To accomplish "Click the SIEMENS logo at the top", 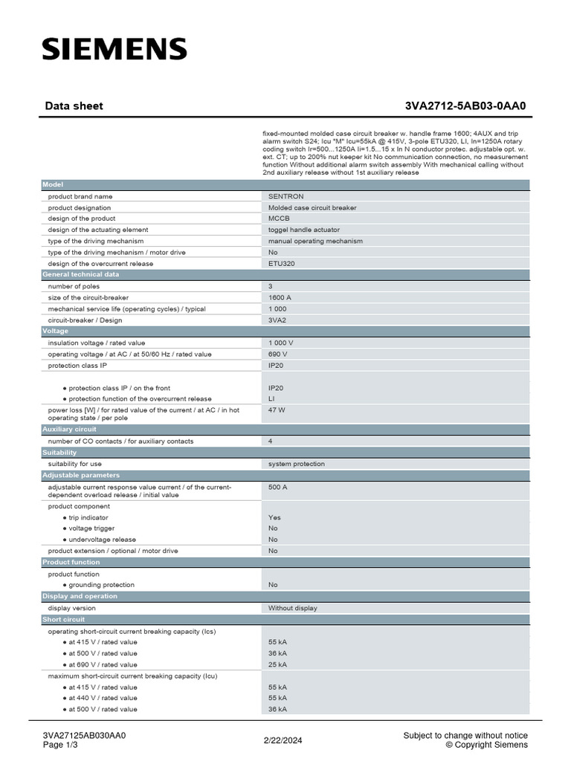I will pos(114,50).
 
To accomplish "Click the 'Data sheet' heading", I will pos(74,106).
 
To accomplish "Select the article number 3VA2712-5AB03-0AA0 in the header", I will pos(465,106).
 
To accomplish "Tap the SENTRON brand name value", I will pos(286,196).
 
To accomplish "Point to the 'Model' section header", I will pos(53,184).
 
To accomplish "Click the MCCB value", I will pos(280,218).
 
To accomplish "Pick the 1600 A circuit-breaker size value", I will pos(280,297).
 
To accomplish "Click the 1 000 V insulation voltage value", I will pos(281,343).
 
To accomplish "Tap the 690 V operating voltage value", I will pos(278,354).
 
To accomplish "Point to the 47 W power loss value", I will pos(277,409).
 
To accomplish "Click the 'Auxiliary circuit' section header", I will pos(70,430).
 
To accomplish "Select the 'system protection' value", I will pos(297,464).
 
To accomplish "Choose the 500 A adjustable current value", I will pos(278,487).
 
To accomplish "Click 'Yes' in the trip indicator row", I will pos(274,517).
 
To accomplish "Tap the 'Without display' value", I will pos(293,608).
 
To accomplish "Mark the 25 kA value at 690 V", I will pos(278,664).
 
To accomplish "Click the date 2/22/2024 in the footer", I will pos(283,740).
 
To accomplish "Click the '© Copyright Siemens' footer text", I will pos(486,745).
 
